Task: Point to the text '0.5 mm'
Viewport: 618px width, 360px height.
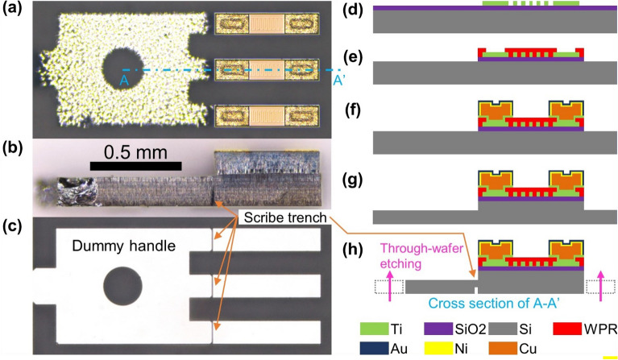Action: (135, 152)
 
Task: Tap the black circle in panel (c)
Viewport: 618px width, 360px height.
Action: (122, 287)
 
